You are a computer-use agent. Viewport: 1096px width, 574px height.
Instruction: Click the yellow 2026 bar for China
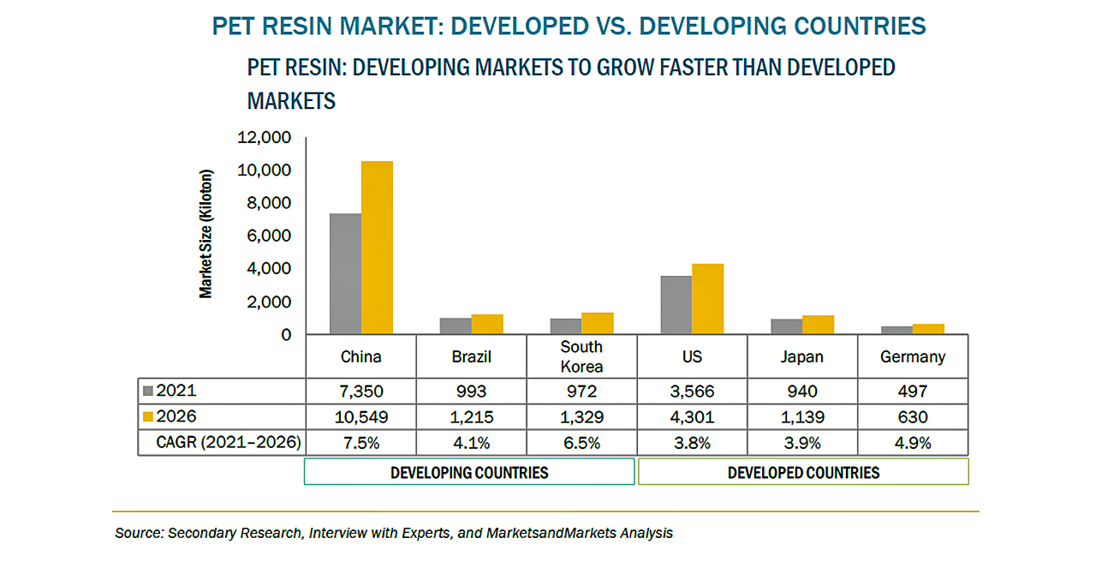377,248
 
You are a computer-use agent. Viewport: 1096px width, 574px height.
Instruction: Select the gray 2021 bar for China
345,273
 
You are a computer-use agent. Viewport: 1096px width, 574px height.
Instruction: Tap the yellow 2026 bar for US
708,299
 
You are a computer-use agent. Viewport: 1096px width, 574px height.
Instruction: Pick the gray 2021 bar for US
676,305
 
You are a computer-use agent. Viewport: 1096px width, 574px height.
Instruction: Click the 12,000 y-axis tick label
269,138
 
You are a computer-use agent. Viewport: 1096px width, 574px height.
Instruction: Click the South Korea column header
581,356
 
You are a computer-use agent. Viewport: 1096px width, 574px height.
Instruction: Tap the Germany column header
913,356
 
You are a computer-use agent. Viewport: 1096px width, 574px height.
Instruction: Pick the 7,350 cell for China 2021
360,392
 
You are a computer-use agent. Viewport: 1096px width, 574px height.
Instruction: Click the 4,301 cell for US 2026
692,417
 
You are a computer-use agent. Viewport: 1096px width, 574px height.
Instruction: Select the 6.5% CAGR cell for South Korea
581,443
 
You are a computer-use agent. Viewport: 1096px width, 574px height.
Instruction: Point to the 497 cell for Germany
913,392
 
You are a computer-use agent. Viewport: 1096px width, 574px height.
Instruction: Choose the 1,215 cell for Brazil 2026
471,417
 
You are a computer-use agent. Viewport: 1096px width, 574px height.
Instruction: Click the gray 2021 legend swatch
148,392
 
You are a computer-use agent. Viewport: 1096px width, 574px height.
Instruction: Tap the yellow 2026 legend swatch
148,417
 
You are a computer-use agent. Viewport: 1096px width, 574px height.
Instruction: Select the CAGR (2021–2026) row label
226,443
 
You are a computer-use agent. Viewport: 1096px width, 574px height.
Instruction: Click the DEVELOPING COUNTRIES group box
469,472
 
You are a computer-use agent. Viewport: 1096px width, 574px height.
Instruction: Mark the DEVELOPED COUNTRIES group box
803,472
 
